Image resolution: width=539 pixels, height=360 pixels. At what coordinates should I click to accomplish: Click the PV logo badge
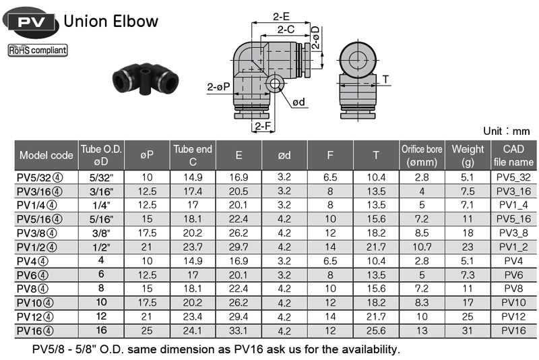30,22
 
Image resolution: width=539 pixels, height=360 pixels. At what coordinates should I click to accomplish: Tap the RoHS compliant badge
38,50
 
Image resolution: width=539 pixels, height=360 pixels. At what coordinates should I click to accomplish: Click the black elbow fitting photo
146,79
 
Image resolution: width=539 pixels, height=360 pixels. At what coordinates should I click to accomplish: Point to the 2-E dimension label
281,16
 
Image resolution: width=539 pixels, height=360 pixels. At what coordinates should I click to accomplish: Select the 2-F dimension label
263,127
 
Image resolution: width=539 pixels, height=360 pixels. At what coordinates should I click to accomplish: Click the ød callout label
298,102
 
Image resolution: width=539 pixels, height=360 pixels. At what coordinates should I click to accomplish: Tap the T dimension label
385,80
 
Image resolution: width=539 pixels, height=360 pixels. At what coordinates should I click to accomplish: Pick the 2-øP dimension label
218,87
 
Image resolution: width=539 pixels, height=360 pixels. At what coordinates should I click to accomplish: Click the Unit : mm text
506,131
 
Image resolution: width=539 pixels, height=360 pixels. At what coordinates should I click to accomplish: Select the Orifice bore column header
422,156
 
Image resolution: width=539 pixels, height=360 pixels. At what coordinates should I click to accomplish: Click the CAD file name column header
513,156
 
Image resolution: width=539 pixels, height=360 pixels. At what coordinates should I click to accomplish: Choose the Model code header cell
46,156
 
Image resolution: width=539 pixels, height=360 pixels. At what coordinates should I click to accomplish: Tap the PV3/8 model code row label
37,233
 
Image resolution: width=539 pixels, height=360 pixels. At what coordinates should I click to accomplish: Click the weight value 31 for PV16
467,331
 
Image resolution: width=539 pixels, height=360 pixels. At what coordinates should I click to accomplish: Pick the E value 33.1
239,331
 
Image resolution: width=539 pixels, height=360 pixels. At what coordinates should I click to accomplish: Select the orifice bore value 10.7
422,247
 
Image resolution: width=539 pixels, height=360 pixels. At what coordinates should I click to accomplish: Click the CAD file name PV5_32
513,177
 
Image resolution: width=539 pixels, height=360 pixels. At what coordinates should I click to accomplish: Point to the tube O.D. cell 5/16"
101,219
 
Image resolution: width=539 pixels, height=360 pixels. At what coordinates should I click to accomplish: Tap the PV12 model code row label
35,317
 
